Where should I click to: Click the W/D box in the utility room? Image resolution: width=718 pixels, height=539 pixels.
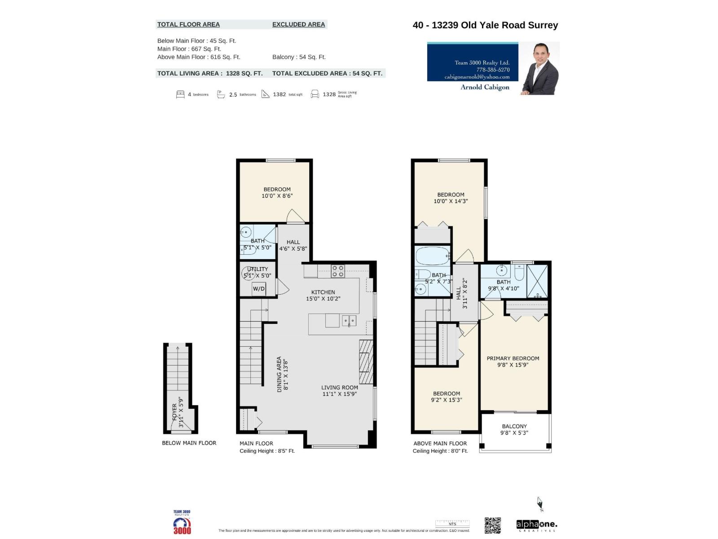coord(258,288)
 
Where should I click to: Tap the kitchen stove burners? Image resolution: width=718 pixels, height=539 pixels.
coord(338,271)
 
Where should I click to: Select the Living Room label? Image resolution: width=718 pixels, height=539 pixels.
coord(339,387)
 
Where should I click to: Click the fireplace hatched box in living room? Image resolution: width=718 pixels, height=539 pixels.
coord(366,362)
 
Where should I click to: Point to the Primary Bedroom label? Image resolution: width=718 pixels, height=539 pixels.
coord(513,358)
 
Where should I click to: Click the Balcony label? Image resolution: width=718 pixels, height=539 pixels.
coord(514,426)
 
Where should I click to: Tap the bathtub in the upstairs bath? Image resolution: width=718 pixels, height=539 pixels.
coord(432,256)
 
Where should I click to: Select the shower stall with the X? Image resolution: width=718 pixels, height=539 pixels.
coord(537,282)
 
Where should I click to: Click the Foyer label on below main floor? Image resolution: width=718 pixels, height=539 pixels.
coord(175,411)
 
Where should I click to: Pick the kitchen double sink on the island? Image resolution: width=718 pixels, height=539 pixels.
coord(349,320)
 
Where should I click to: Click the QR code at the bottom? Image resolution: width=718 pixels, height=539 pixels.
coord(492,525)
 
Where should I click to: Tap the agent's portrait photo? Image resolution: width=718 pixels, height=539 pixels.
coord(540,68)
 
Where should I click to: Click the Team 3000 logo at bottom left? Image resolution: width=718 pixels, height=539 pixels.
coord(182,522)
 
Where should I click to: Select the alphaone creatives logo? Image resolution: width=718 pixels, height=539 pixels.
coord(537,525)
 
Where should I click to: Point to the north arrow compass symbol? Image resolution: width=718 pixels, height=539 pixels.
coord(540,504)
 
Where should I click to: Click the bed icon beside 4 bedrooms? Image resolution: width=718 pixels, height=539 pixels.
coord(180,94)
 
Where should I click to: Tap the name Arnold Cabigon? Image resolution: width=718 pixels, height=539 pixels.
coord(485,87)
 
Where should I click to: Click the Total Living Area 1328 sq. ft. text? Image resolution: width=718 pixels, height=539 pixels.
coord(210,73)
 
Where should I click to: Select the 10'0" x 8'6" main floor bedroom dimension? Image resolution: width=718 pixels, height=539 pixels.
coord(277,196)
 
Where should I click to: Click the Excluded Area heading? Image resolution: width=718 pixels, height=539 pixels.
coord(298,24)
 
